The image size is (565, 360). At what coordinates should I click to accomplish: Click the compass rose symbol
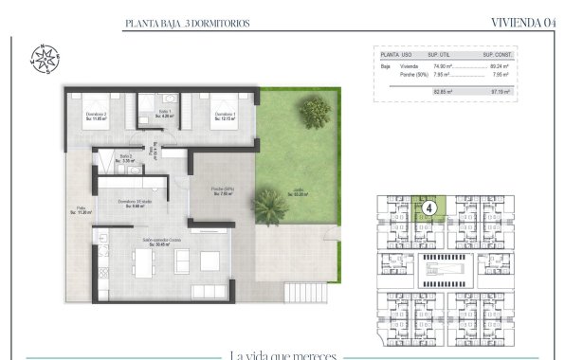click(43, 58)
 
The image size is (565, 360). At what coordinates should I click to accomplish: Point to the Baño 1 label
click(165, 114)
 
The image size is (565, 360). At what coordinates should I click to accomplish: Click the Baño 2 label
click(126, 157)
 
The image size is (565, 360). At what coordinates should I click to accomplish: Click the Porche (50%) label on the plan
click(223, 190)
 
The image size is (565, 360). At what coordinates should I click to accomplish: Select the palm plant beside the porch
click(271, 205)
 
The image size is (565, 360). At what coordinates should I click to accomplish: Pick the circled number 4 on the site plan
click(429, 206)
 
